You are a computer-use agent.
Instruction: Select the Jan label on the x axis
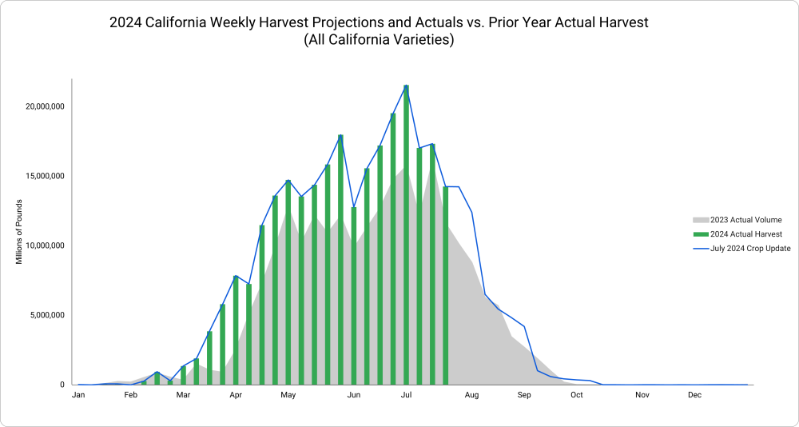[78, 395]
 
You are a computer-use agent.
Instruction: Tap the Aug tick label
[471, 395]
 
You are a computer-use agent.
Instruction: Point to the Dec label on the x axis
[694, 395]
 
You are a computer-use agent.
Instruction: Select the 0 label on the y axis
[62, 385]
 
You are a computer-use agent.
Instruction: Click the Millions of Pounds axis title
[19, 231]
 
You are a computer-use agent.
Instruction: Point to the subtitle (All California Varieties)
[379, 40]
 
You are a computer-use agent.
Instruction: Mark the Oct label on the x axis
[577, 395]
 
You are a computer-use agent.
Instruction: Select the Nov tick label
[642, 395]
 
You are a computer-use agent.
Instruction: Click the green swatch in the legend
[701, 234]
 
